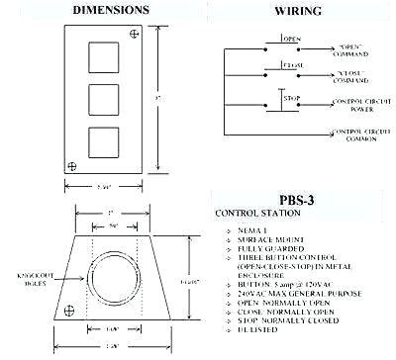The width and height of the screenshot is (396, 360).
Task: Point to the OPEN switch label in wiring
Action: tap(291, 40)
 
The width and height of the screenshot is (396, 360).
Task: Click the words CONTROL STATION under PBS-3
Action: tap(261, 212)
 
